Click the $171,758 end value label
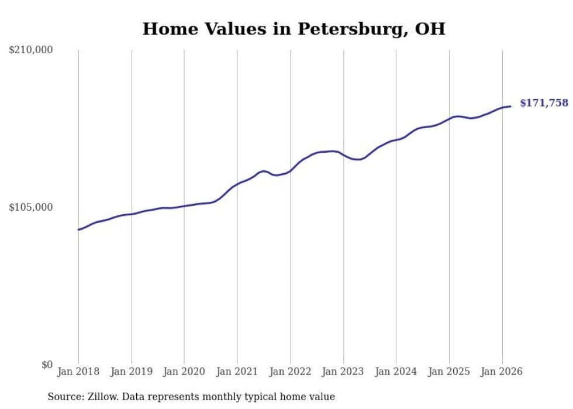[543, 103]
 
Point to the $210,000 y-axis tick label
[31, 50]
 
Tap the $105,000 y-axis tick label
[31, 207]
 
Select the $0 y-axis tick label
[47, 365]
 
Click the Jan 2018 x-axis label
[78, 372]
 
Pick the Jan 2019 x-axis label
[132, 372]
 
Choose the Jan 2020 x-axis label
[184, 372]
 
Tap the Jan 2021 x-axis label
[237, 372]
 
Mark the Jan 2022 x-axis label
[290, 372]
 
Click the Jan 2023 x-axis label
[343, 372]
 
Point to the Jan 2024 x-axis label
[396, 372]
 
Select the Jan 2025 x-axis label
[449, 372]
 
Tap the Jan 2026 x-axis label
[502, 372]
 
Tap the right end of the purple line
[510, 106]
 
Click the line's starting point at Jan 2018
[78, 229]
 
